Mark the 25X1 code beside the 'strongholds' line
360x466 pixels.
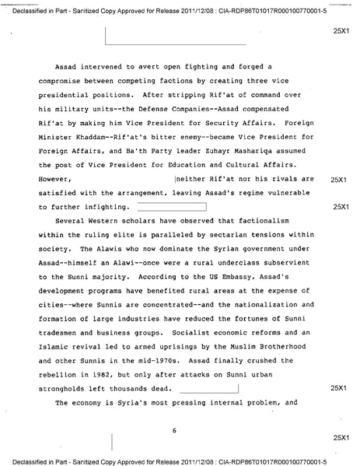coord(337,387)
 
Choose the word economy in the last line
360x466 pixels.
coord(87,404)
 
